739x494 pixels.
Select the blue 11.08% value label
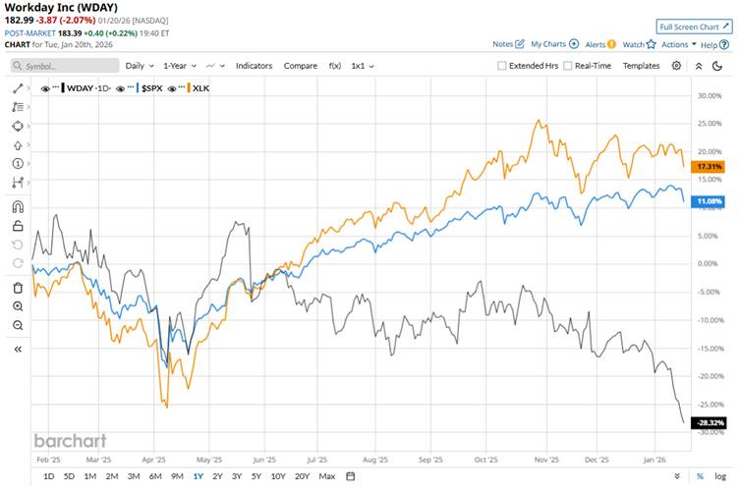pos(709,201)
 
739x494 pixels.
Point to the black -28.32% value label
pos(708,423)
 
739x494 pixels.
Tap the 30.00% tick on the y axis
pos(709,96)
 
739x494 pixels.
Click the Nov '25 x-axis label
pos(546,459)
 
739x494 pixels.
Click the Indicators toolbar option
pos(254,66)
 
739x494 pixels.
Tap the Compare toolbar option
pos(300,66)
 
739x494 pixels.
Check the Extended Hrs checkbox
pos(502,66)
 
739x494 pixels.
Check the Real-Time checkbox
pos(567,66)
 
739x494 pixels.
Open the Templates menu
pos(641,66)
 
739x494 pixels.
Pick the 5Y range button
pos(256,476)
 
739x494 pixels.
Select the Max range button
pos(327,476)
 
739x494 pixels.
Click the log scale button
pos(720,476)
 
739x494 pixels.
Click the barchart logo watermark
pos(70,441)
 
